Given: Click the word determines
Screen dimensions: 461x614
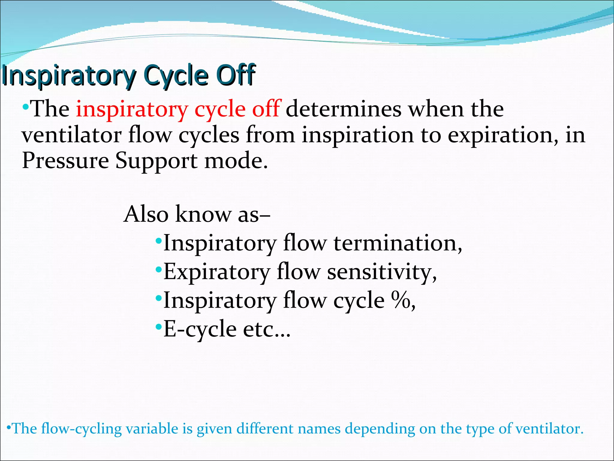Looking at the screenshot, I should [x=344, y=109].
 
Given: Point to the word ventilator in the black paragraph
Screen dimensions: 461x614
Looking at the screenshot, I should [x=71, y=135].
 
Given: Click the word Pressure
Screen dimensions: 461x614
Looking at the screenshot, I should [x=65, y=161].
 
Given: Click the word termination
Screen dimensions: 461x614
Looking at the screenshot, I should [x=398, y=243].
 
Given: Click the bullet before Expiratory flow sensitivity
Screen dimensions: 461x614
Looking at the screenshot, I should [x=159, y=269].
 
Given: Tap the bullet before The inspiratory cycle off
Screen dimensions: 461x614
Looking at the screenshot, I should [x=25, y=106].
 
